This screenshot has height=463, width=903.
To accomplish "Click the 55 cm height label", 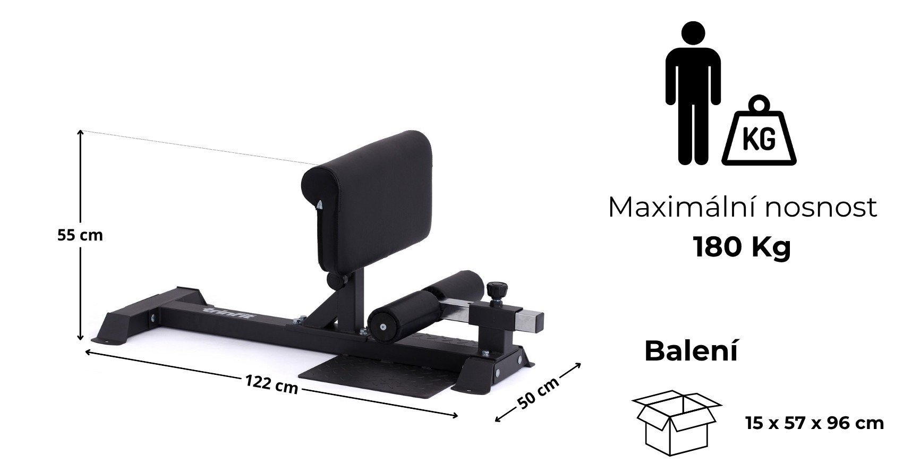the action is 80,235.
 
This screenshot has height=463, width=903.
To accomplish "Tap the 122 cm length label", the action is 272,384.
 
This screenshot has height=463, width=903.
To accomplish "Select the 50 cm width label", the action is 539,393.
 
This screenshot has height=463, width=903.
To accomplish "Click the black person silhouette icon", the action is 693,93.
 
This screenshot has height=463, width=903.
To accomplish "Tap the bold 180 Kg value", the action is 742,247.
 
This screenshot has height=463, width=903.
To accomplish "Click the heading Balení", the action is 691,351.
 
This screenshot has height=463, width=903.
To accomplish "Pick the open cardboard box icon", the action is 676,423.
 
